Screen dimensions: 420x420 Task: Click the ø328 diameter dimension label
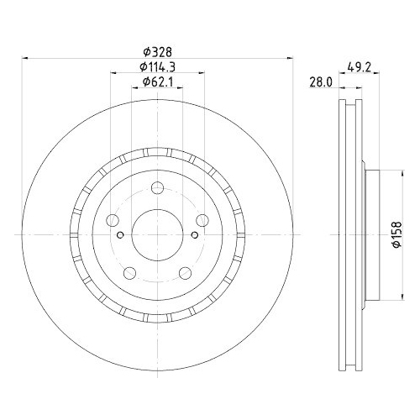pyautogui.click(x=157, y=52)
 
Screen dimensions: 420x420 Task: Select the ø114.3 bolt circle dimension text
pyautogui.click(x=158, y=66)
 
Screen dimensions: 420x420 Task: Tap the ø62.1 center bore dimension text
pyautogui.click(x=158, y=81)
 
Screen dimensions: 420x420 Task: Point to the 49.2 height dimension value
pyautogui.click(x=359, y=67)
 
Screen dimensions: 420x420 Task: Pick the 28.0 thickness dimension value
pyautogui.click(x=321, y=82)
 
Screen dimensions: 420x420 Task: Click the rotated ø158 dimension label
pyautogui.click(x=396, y=234)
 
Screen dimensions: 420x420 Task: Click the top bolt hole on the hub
pyautogui.click(x=157, y=188)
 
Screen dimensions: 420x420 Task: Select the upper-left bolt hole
pyautogui.click(x=113, y=220)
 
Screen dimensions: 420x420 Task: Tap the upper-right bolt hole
pyautogui.click(x=202, y=220)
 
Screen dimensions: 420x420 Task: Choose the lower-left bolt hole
pyautogui.click(x=130, y=273)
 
